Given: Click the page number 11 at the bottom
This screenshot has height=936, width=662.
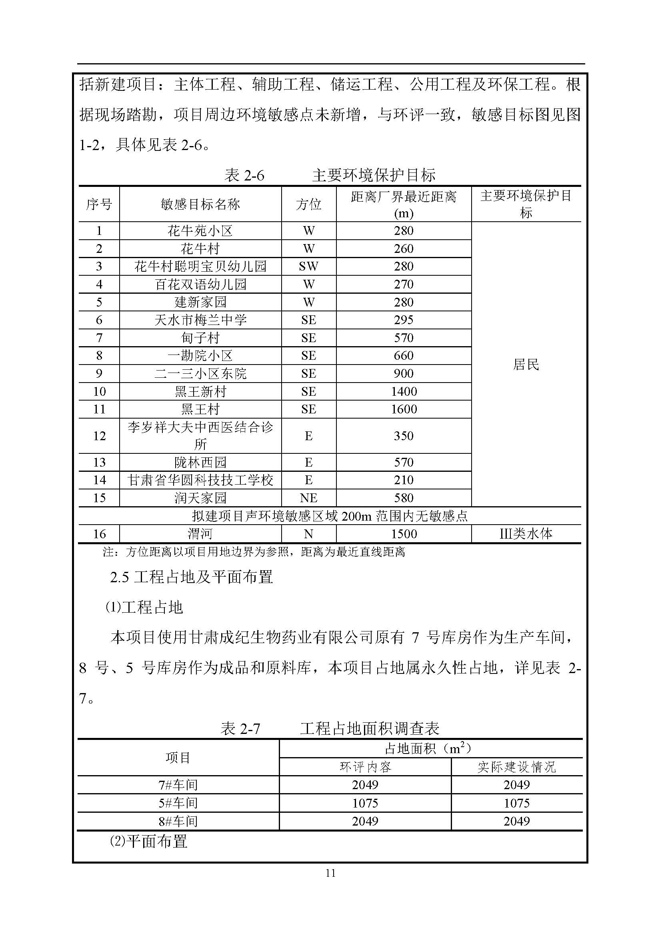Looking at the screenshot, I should [x=330, y=873].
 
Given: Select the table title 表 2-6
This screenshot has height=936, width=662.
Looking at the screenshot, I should [x=244, y=175].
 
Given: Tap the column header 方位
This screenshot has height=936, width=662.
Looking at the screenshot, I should [x=308, y=204].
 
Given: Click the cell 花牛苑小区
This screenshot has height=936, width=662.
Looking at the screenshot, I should [x=200, y=231].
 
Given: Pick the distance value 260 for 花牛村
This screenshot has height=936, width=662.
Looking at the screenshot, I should [x=404, y=249].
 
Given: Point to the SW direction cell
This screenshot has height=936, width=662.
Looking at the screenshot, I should [x=308, y=267].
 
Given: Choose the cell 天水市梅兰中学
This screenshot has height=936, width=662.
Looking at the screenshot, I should [x=200, y=320].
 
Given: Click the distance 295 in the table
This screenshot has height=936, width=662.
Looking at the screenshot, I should [x=404, y=320].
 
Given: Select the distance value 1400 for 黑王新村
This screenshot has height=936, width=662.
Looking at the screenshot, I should [x=404, y=391].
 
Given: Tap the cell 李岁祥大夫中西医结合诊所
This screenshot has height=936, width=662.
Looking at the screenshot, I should [x=200, y=435].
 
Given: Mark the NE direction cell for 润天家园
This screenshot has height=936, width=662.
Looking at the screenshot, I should [x=308, y=498].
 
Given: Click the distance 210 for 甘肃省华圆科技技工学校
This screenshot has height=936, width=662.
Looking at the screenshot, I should [x=404, y=480].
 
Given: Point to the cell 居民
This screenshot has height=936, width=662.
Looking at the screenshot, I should [x=526, y=364].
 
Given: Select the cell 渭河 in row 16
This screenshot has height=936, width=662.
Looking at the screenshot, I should [x=200, y=534].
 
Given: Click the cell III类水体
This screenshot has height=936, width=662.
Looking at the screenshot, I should [x=526, y=534].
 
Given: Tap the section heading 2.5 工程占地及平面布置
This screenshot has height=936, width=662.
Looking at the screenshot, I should [x=191, y=577].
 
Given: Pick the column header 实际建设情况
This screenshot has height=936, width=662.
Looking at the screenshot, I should [x=516, y=767].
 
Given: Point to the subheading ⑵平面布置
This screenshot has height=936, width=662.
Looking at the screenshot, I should [x=149, y=841].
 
